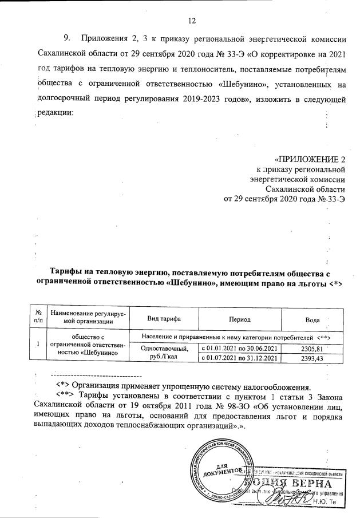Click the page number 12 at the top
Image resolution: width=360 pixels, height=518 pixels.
(192, 21)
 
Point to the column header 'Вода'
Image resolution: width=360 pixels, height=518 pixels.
(312, 318)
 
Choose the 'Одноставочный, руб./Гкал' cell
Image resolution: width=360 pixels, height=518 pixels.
(164, 353)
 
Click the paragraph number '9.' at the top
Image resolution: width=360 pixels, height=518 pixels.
(68, 38)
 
